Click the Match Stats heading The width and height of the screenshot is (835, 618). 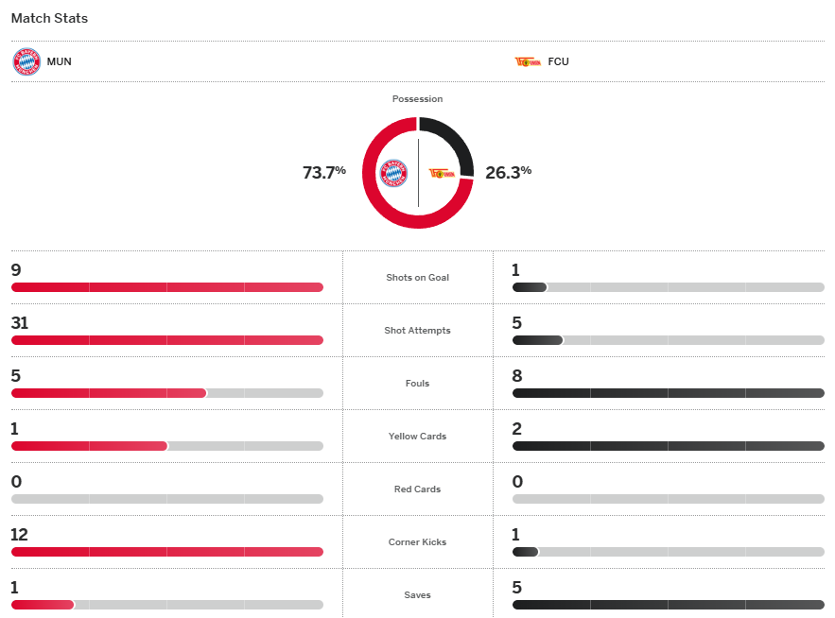(49, 19)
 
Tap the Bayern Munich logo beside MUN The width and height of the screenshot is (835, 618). (26, 62)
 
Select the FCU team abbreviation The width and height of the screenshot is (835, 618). (558, 62)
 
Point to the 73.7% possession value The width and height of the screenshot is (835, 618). (323, 173)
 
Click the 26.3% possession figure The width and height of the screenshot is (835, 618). (508, 173)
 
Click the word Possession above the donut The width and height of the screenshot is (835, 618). (417, 99)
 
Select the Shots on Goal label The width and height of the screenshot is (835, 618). (417, 278)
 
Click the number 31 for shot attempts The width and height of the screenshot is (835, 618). (20, 323)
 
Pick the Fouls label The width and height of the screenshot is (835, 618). (417, 384)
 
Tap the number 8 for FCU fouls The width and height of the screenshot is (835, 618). (516, 376)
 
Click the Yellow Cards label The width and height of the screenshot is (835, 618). (417, 437)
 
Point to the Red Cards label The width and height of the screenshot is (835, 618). (417, 489)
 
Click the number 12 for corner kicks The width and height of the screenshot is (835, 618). (20, 535)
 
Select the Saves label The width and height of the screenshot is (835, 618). (417, 595)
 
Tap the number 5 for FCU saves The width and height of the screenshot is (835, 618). (516, 588)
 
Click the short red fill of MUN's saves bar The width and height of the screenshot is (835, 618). (43, 605)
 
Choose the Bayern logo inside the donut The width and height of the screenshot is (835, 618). (393, 173)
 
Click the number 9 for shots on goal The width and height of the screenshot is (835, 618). (16, 270)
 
